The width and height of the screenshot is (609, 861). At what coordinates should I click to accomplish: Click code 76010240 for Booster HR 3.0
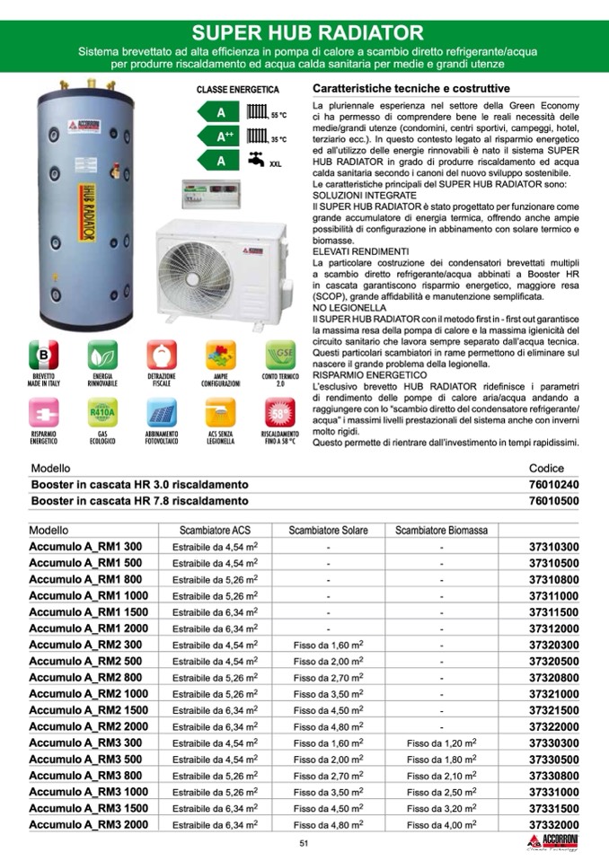tap(553, 484)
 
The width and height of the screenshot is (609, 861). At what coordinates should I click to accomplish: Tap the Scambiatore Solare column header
tap(328, 531)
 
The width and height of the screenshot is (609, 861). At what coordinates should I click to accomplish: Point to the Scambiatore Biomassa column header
tap(441, 531)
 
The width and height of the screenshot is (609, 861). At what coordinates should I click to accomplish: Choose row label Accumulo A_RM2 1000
tap(89, 694)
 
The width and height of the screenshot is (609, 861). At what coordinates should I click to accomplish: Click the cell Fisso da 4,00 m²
tap(441, 824)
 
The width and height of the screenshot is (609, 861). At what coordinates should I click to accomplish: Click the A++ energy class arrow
tap(224, 137)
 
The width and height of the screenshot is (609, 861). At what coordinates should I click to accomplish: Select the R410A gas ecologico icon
tap(102, 414)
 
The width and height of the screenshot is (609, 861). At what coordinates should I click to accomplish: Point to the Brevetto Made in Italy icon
tap(43, 355)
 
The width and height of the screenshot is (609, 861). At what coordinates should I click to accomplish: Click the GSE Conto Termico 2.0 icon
tap(279, 355)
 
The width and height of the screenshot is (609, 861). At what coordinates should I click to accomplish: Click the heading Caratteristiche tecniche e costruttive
tap(410, 89)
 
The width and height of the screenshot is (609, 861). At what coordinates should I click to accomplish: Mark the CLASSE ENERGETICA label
tap(238, 91)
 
